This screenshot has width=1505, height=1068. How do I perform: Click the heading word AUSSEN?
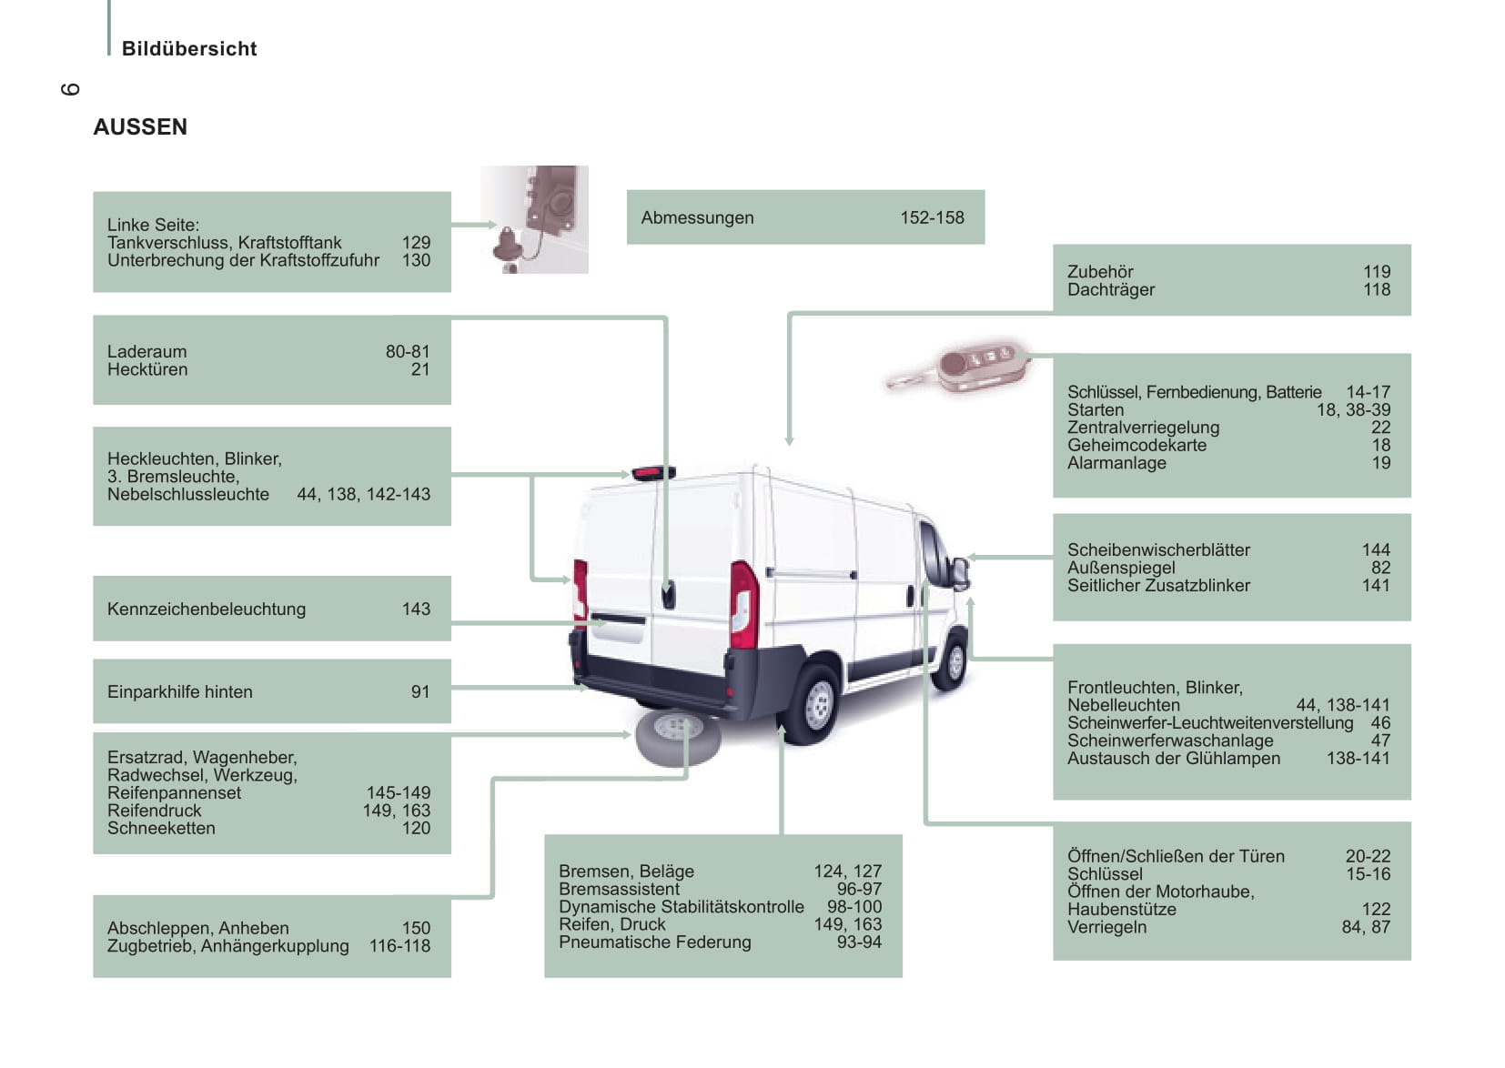[x=140, y=127]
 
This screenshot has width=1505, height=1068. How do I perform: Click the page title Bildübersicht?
[x=189, y=49]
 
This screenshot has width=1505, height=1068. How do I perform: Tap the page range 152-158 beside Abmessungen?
[x=932, y=217]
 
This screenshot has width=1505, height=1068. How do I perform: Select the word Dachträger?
[x=1110, y=289]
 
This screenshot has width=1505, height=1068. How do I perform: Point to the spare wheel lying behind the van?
[x=678, y=737]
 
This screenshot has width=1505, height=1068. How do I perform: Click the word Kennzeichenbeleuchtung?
[x=207, y=609]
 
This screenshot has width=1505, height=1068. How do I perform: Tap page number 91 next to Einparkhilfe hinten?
[x=420, y=691]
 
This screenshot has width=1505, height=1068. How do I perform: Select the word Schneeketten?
[x=161, y=828]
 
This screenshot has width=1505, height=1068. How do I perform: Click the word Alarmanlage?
[x=1116, y=463]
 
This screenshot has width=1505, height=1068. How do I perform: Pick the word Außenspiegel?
[x=1121, y=568]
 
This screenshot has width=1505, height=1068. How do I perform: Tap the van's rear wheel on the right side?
[x=816, y=703]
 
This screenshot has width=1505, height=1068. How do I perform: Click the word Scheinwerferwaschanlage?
[x=1170, y=741]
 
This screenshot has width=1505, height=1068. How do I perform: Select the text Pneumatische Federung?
[x=655, y=942]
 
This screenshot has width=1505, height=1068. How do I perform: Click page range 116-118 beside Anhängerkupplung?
[x=399, y=946]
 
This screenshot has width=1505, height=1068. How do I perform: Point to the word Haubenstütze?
[x=1121, y=910]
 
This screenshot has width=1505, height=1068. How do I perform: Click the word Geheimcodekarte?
[x=1136, y=445]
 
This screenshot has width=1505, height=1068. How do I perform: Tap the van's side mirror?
[x=960, y=573]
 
